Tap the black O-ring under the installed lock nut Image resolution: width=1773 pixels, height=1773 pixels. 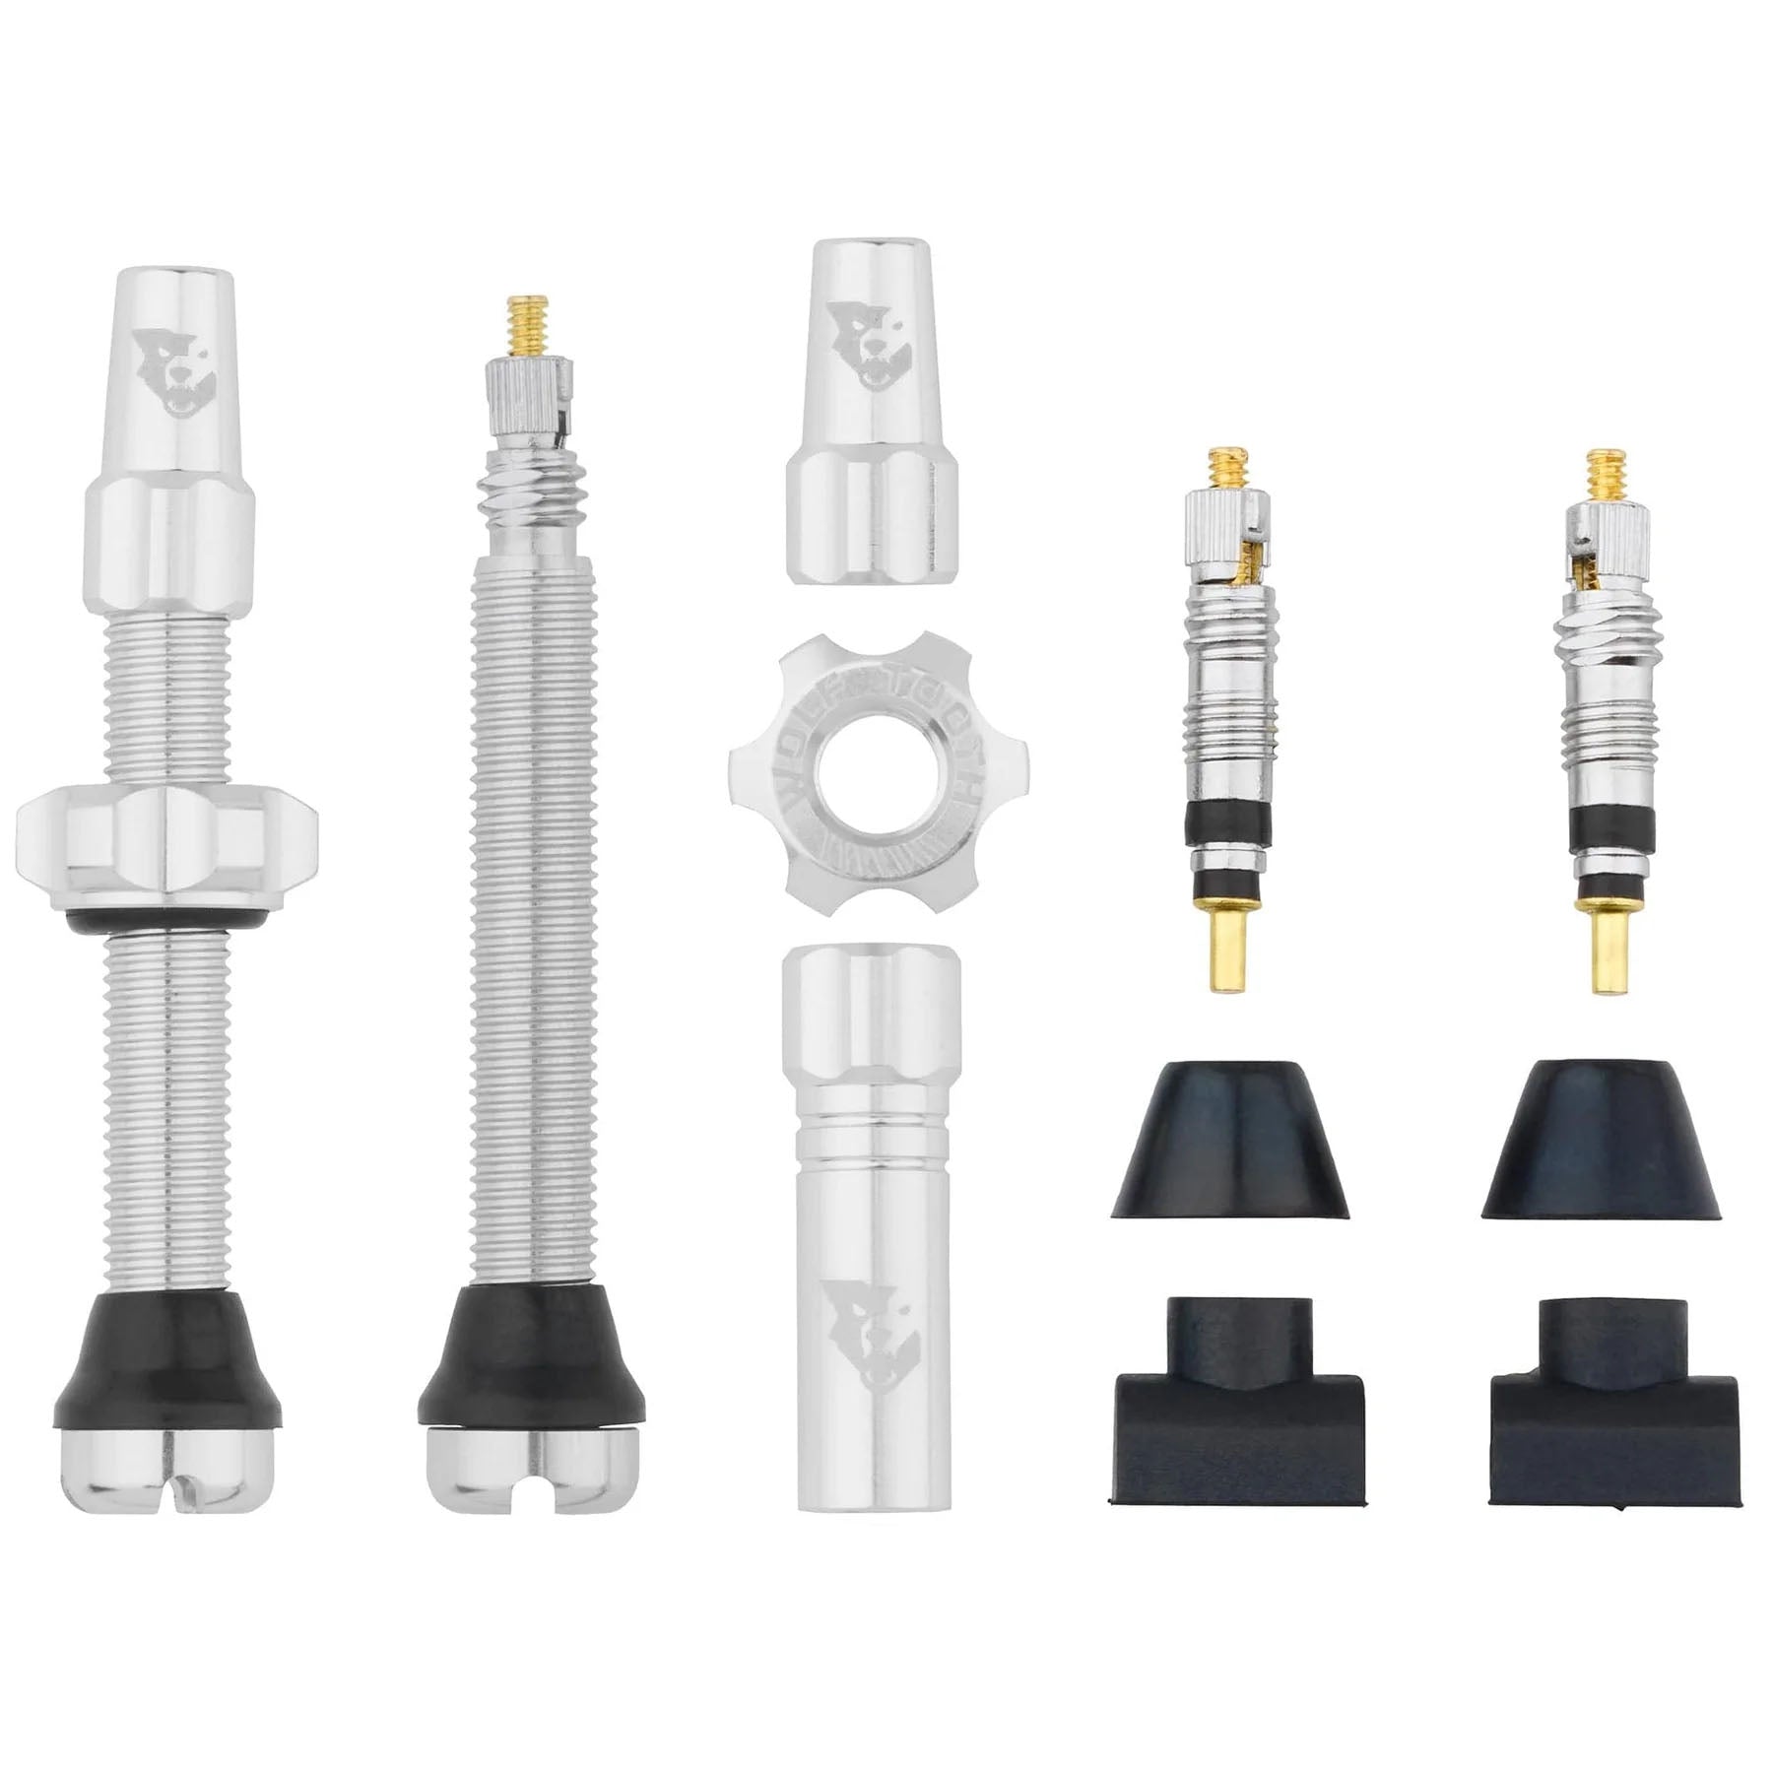(167, 918)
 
